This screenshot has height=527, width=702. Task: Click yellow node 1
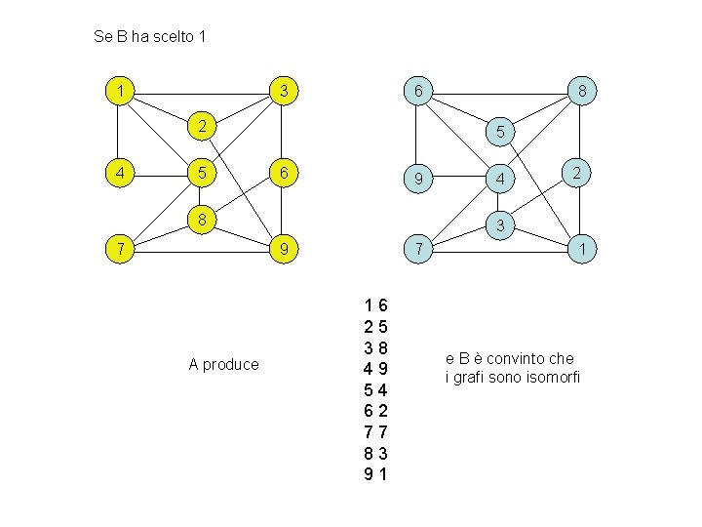(x=119, y=92)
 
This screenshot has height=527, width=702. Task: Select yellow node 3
(x=283, y=92)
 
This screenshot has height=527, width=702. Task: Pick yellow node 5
(x=201, y=174)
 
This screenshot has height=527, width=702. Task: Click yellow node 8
(x=201, y=220)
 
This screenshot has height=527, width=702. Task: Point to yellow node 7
(x=119, y=250)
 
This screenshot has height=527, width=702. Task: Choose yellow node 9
(x=283, y=250)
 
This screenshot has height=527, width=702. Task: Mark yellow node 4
(x=119, y=174)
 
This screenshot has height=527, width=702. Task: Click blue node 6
(x=417, y=92)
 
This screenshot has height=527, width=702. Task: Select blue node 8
(x=581, y=92)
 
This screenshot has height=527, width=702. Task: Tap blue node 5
(x=499, y=131)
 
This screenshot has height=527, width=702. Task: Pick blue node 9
(x=417, y=180)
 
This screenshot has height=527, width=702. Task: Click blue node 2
(x=576, y=173)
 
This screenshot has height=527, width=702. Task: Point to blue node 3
(x=499, y=225)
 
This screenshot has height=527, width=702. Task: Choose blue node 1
(x=581, y=250)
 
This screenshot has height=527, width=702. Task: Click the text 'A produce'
(x=223, y=364)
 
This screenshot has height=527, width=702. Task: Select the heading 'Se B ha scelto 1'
(x=149, y=37)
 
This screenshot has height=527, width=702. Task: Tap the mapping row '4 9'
(x=375, y=369)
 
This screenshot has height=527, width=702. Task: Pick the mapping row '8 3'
(x=375, y=453)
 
